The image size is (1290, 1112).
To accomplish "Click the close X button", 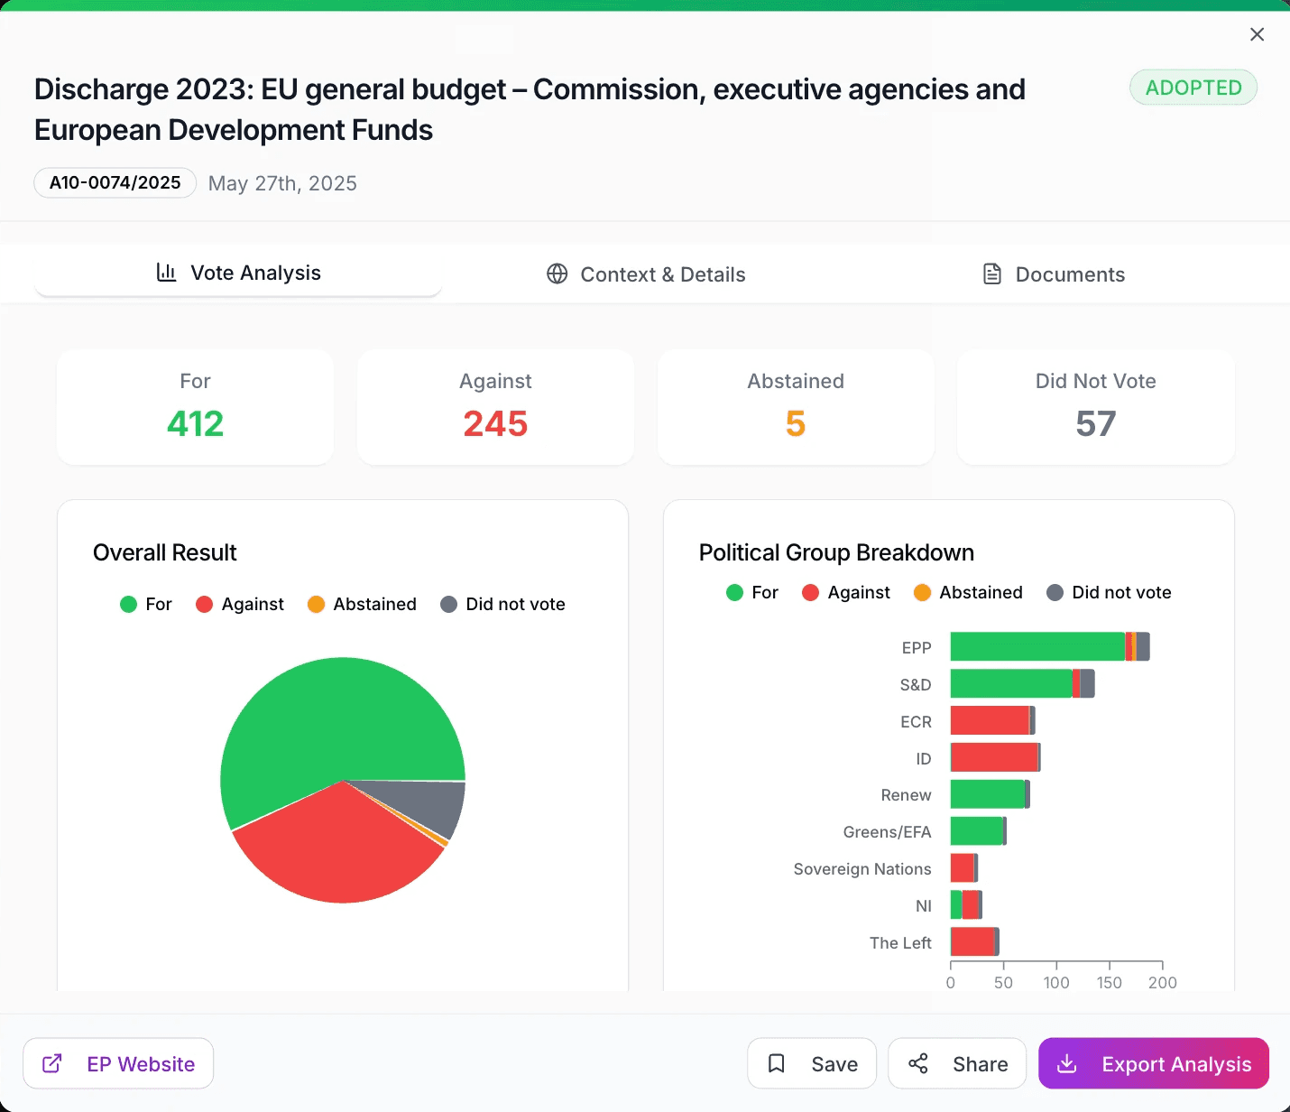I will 1257,34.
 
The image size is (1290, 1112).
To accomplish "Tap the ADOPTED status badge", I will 1193,88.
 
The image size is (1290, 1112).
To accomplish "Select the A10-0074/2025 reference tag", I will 115,183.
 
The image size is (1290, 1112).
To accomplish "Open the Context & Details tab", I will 646,274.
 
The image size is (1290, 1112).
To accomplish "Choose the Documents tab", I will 1053,274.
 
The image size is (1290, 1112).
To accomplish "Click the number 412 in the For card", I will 195,424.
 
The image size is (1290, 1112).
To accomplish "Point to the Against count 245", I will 495,424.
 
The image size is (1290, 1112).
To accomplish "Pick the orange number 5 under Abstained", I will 795,424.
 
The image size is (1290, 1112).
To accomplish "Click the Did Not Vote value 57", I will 1095,424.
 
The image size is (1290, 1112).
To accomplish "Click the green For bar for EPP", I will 1037,647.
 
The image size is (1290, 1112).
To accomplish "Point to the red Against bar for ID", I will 994,757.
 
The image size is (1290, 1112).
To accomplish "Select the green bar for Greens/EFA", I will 976,831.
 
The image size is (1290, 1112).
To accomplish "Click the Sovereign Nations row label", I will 862,869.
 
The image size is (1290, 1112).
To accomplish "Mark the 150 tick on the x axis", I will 1110,982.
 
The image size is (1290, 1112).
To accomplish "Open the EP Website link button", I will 118,1064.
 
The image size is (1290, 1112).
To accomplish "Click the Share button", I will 957,1064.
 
